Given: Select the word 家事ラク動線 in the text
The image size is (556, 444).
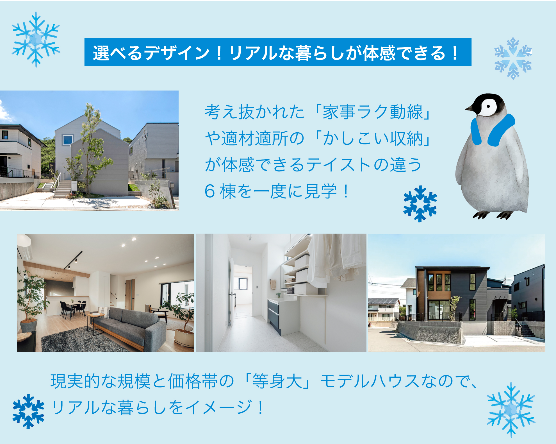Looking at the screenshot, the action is coord(373,112).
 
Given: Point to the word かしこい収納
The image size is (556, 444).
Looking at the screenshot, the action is coord(373,138).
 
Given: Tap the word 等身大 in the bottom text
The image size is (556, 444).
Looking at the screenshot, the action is coord(277,381).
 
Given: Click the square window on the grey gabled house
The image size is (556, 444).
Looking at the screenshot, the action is coord(68,140).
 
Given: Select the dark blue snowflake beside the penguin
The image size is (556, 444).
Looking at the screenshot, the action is coord(420,203).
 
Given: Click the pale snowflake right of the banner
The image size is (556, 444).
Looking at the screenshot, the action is coord(513,58).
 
